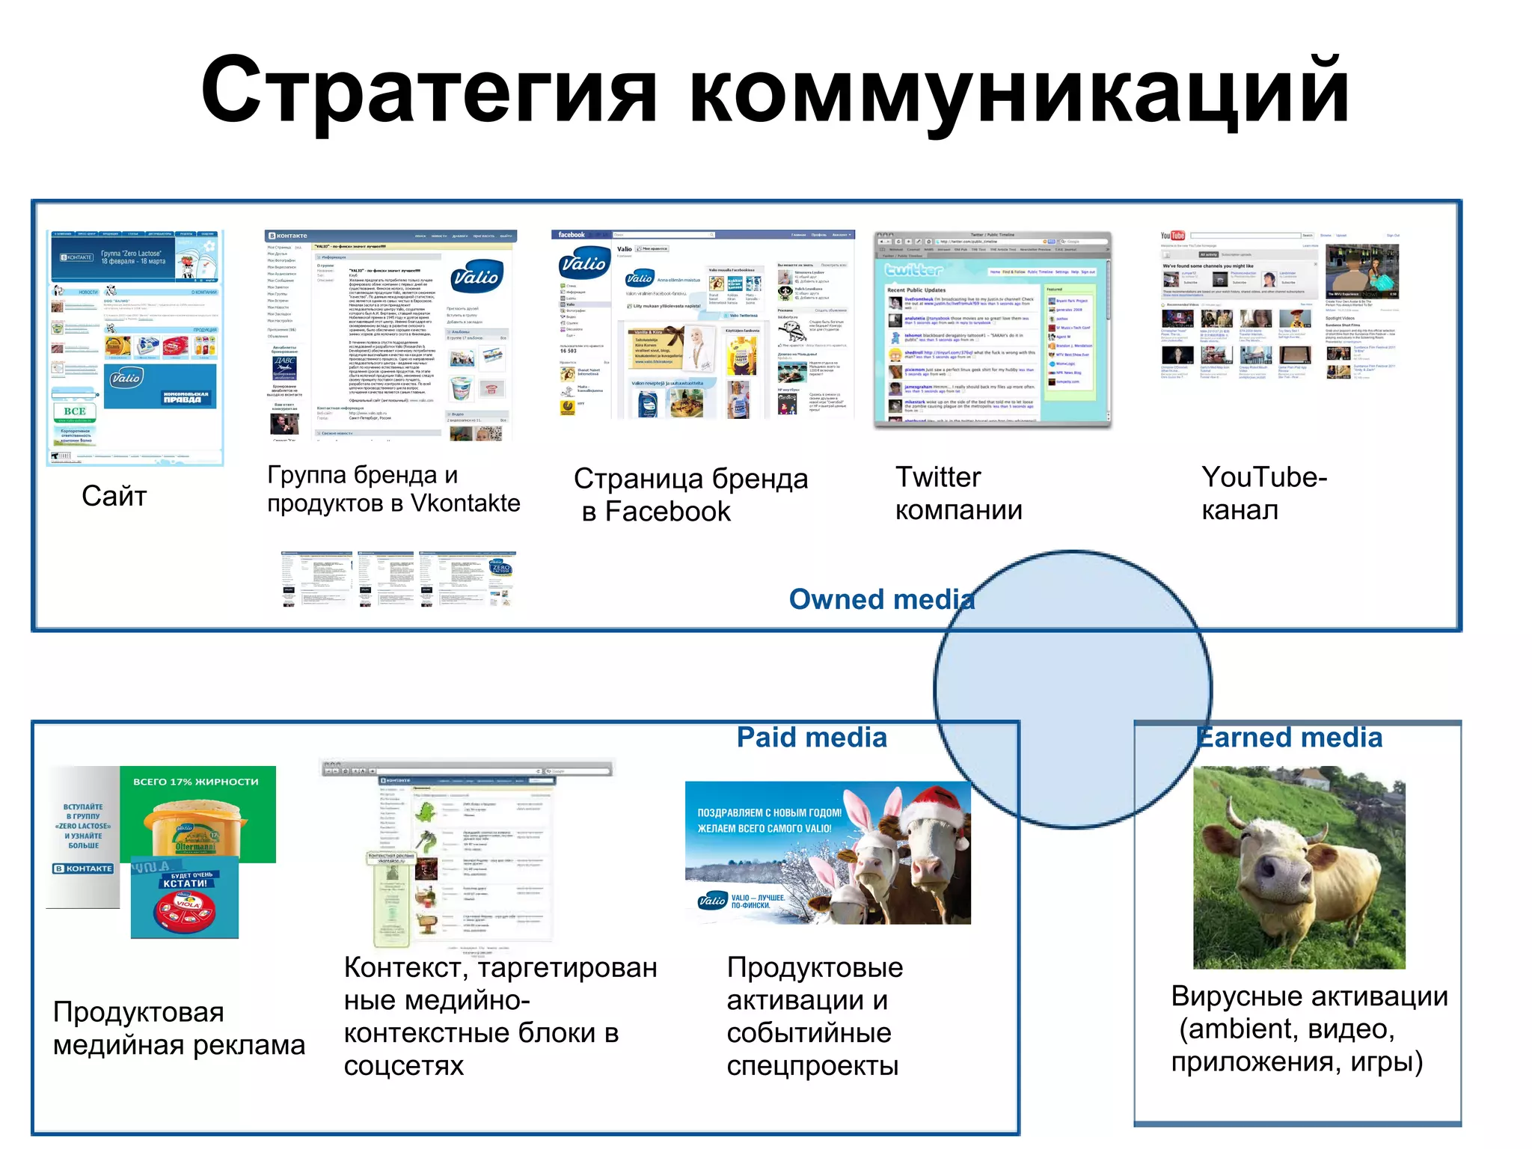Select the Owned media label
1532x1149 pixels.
click(x=881, y=599)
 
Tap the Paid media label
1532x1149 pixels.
click(x=812, y=738)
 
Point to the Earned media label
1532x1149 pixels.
click(x=1290, y=738)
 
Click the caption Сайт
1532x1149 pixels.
click(x=114, y=496)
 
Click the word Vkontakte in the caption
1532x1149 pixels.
click(x=465, y=503)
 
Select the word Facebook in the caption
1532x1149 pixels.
click(x=667, y=512)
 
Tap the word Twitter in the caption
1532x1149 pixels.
click(x=938, y=477)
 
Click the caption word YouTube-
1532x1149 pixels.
click(x=1264, y=477)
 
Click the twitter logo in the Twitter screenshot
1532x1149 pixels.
click(x=913, y=270)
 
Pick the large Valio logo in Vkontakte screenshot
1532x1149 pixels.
click(x=477, y=278)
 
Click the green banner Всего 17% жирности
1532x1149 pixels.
click(x=197, y=782)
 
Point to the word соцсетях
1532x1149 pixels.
click(x=404, y=1066)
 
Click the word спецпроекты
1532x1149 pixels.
click(x=812, y=1066)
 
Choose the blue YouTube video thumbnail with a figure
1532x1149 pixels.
click(x=1361, y=271)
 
